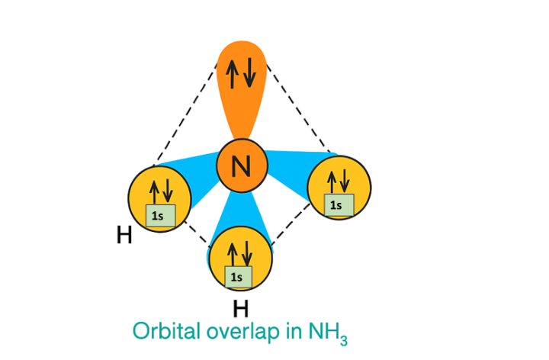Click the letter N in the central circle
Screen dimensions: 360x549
[x=242, y=166]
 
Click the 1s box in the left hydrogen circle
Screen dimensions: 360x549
[x=161, y=216]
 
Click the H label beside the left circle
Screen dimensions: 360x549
[x=124, y=236]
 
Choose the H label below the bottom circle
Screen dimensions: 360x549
[x=240, y=309]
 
